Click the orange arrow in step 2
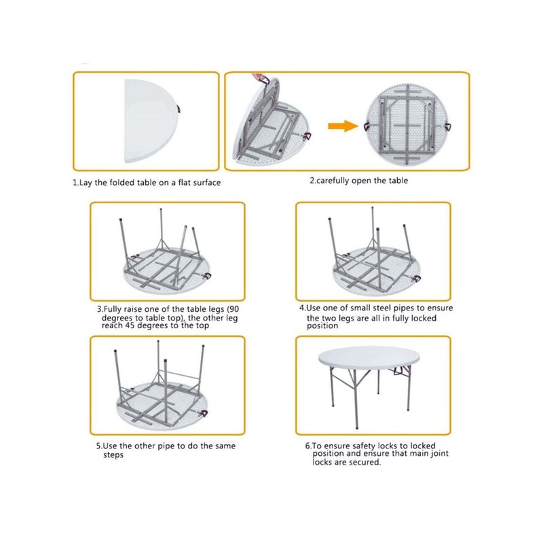click(343, 126)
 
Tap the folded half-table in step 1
click(149, 121)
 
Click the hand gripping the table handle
click(260, 77)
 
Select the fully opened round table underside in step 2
click(408, 124)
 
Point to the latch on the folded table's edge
click(179, 109)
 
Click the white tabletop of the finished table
click(369, 358)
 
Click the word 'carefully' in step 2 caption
click(333, 181)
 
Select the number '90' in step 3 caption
click(233, 309)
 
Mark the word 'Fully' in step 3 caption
click(112, 309)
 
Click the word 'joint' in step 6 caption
click(439, 454)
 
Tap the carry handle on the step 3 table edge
click(207, 276)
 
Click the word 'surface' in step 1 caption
click(207, 182)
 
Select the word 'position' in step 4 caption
click(322, 326)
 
